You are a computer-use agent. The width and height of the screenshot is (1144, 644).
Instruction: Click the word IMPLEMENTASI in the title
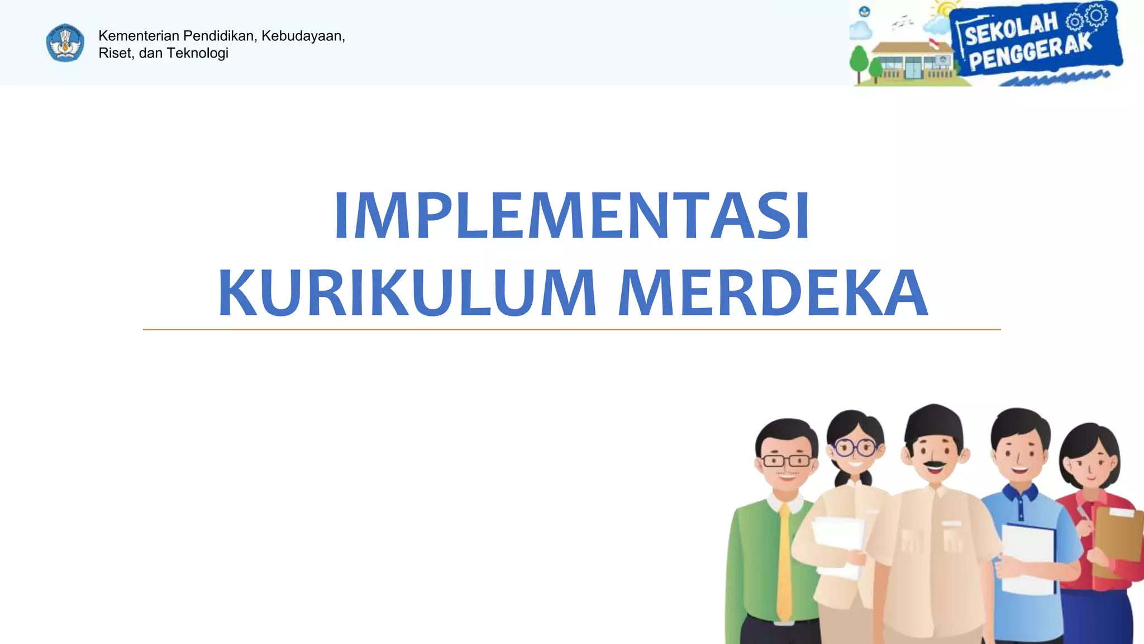click(x=571, y=216)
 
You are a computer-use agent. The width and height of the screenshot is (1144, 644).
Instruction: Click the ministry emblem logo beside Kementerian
click(x=65, y=43)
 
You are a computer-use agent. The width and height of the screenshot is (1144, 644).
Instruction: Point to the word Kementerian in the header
click(x=139, y=36)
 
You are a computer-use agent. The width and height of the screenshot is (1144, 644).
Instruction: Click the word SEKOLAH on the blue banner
click(x=1012, y=29)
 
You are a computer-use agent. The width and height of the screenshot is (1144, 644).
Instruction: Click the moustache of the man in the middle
click(x=934, y=464)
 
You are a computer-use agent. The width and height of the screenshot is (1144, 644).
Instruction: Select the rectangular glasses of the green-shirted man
click(x=786, y=461)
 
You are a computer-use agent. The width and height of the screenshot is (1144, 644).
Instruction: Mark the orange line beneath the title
click(x=571, y=330)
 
